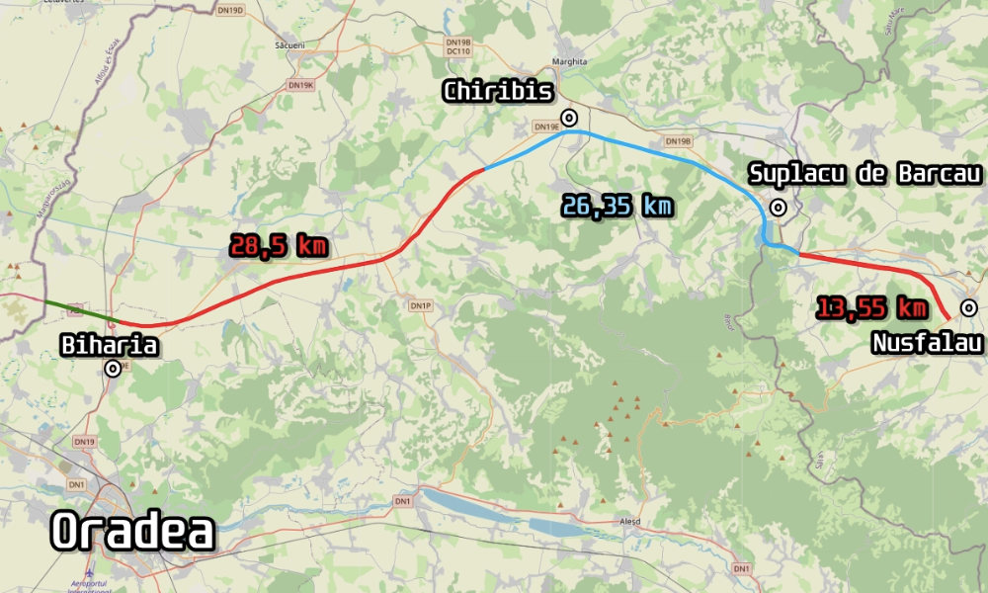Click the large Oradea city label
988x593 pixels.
tap(132, 532)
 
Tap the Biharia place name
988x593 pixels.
tap(110, 345)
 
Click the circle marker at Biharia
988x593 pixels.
tap(114, 369)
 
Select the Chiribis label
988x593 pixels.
tap(498, 92)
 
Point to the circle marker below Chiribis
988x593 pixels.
tap(569, 119)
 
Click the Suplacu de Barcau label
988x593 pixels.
tap(865, 174)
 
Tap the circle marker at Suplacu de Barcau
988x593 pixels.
tap(779, 207)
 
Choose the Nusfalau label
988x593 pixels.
tap(927, 343)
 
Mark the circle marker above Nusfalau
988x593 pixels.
tap(969, 308)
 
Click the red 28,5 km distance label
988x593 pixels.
tap(278, 246)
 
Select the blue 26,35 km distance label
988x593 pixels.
tap(617, 206)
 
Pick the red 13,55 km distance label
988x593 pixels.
tap(871, 308)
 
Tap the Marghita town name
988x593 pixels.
tap(571, 61)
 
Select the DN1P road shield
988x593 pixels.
tap(421, 306)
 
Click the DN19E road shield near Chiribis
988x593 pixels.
tap(546, 127)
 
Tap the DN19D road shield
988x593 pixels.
tap(229, 10)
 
